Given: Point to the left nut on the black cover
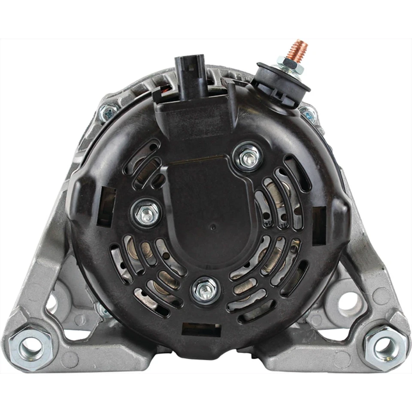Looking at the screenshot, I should click(146, 212).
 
